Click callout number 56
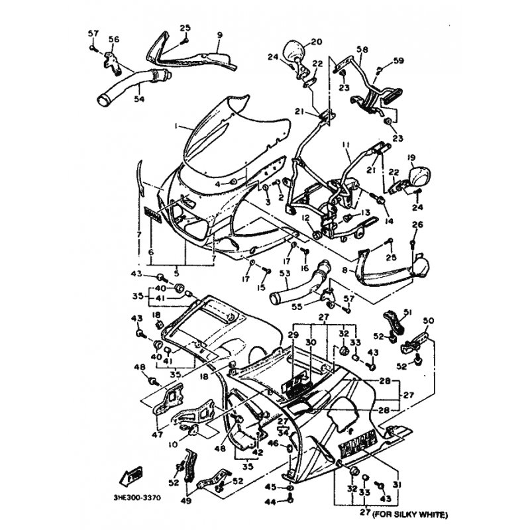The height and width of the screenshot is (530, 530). coord(114,40)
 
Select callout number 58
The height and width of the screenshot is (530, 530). coord(362,50)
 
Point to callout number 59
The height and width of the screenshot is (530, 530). coord(398,61)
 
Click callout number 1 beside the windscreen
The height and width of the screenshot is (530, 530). coord(158,125)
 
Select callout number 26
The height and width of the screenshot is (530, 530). coord(416,225)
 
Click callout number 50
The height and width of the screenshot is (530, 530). coord(429,321)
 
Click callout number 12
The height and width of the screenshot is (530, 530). coord(306,217)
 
